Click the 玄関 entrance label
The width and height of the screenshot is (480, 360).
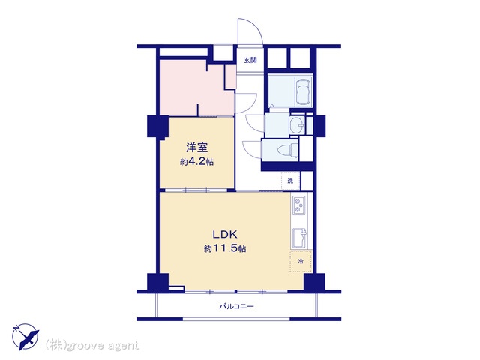pyautogui.click(x=250, y=60)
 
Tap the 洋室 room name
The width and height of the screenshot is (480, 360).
pyautogui.click(x=196, y=148)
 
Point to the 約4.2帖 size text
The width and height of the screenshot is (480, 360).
pyautogui.click(x=196, y=162)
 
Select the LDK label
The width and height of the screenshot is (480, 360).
pyautogui.click(x=225, y=235)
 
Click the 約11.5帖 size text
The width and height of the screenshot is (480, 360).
pyautogui.click(x=225, y=248)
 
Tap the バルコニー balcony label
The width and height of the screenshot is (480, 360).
pyautogui.click(x=237, y=306)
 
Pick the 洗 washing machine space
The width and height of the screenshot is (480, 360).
pyautogui.click(x=290, y=181)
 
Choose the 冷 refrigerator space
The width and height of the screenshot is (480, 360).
pyautogui.click(x=301, y=261)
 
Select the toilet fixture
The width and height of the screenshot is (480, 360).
pyautogui.click(x=287, y=151)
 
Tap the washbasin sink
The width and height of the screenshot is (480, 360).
pyautogui.click(x=297, y=125)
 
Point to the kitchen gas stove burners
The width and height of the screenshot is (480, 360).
pyautogui.click(x=298, y=205)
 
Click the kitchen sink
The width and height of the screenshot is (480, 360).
pyautogui.click(x=299, y=238)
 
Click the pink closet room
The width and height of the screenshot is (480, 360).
pyautogui.click(x=196, y=88)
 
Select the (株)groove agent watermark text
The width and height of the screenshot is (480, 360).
pyautogui.click(x=92, y=346)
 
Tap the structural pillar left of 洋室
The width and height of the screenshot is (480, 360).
pyautogui.click(x=157, y=126)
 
